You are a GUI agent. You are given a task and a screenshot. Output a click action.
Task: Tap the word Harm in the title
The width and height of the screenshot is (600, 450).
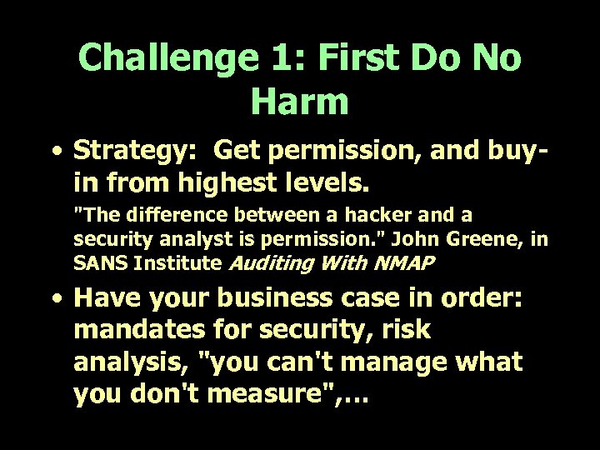coord(298,100)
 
